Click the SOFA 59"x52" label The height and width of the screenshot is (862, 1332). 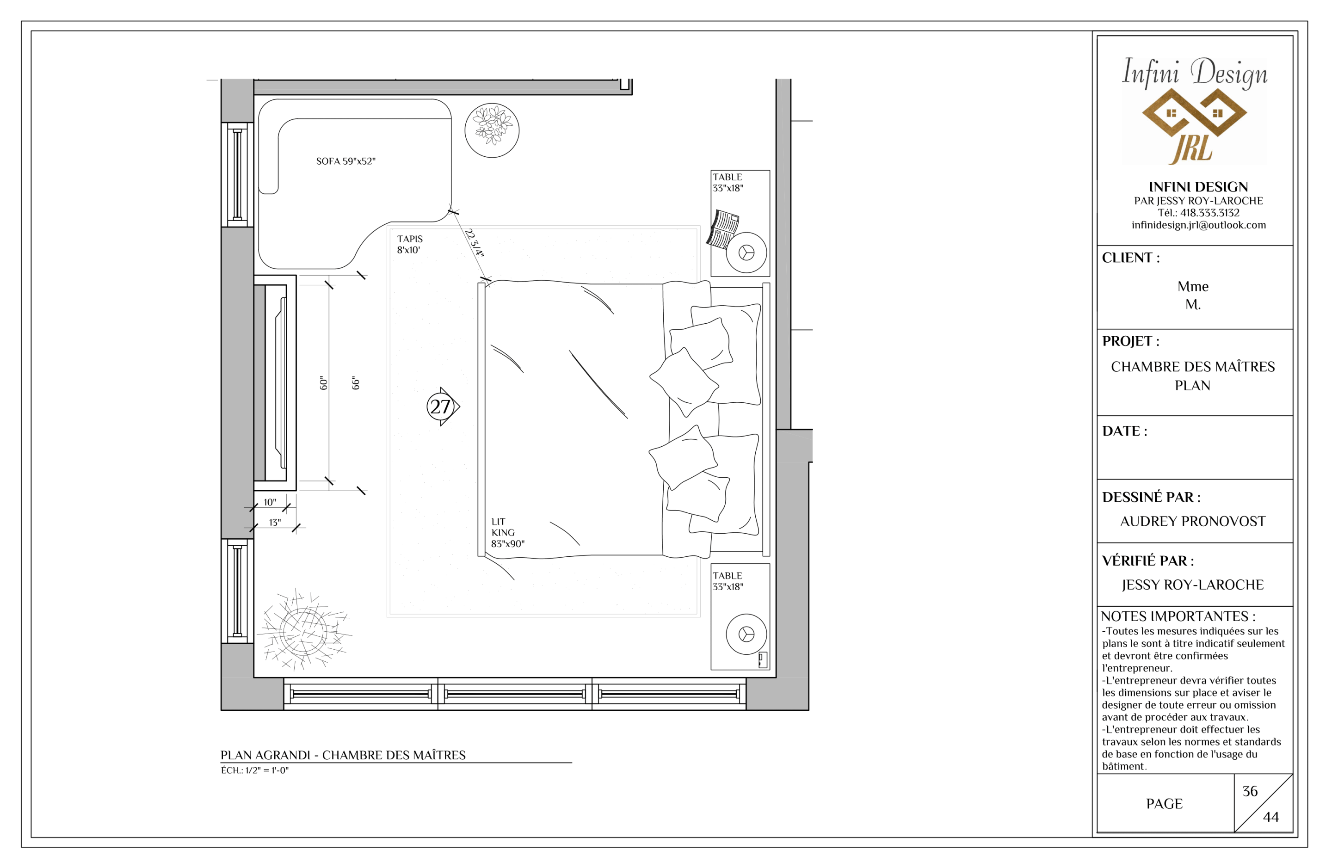coord(345,161)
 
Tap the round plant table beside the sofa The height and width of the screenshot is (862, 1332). coord(492,130)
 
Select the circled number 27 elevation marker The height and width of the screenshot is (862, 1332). coord(442,406)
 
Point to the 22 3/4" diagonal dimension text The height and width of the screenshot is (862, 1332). coord(474,242)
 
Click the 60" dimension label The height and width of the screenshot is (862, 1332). coord(323,383)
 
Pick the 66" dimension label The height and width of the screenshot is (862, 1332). coord(356,383)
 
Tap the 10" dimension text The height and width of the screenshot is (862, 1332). coord(270,502)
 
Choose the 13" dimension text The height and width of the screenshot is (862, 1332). coord(274,522)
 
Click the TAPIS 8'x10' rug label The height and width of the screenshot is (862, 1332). coord(410,244)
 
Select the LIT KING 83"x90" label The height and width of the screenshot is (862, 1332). coord(508,532)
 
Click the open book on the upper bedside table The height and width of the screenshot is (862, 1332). coord(723,229)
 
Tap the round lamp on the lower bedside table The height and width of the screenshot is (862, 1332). coord(746,634)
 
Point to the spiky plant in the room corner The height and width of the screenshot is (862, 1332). coord(304,630)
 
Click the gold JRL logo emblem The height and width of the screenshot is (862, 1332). coord(1194,125)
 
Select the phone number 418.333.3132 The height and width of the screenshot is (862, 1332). coord(1209,213)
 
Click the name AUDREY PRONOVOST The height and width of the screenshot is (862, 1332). coord(1193,521)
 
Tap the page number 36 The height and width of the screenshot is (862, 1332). coord(1250,791)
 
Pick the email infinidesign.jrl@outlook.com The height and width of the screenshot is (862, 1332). coord(1198,225)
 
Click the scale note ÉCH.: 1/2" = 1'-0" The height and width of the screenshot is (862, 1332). coord(255,770)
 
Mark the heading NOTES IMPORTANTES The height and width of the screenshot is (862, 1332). coord(1178,616)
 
